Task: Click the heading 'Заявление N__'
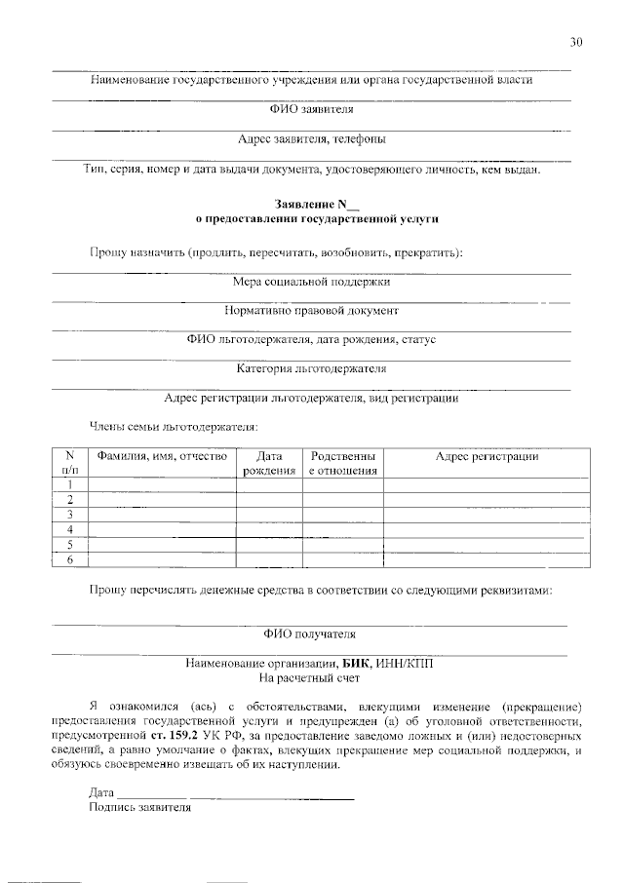tap(311, 206)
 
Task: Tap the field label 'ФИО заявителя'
tap(311, 110)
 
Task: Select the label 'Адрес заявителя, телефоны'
tap(311, 139)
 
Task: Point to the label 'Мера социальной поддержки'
tap(311, 282)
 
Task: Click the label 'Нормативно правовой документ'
tap(311, 311)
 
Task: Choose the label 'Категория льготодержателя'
tap(311, 368)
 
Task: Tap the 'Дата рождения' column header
tap(269, 463)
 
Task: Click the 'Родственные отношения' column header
tap(342, 463)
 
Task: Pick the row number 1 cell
tap(69, 484)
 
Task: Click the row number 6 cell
tap(69, 560)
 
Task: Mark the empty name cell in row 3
tap(162, 515)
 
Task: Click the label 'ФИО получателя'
tap(311, 634)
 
